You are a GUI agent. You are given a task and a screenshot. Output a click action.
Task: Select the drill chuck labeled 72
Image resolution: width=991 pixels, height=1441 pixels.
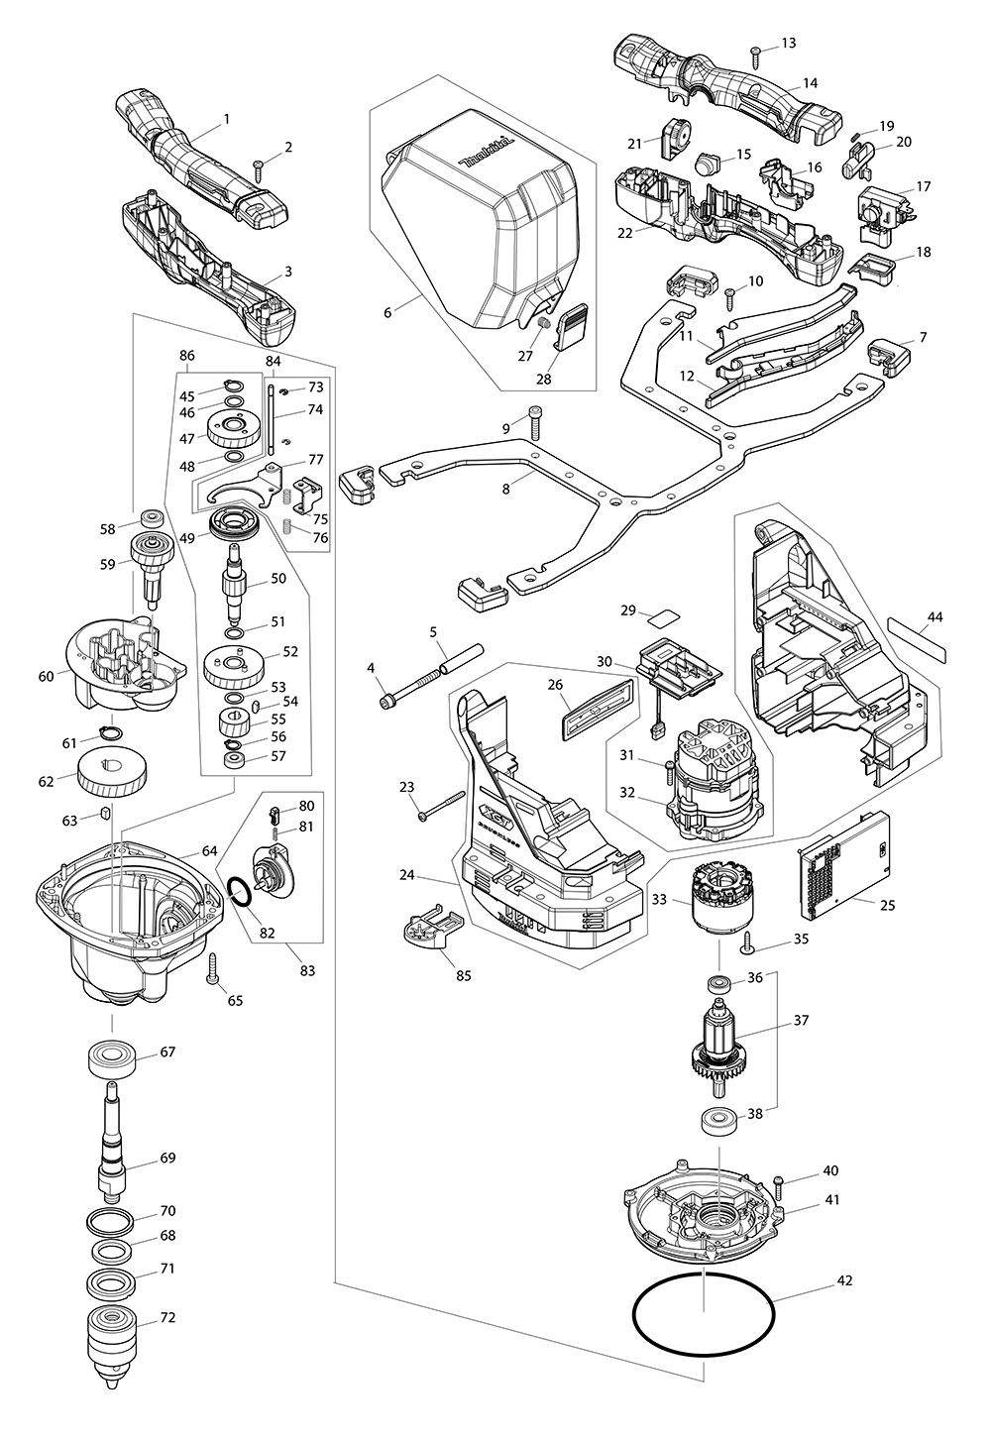pos(117,1333)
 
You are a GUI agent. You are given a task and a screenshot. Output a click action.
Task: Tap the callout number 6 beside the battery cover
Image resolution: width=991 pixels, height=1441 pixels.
pos(388,311)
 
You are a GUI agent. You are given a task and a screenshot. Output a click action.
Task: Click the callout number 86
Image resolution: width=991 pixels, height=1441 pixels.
pos(186,355)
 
